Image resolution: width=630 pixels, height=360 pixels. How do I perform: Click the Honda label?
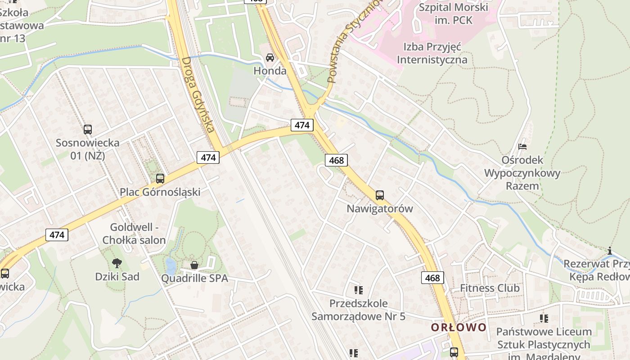point(270,71)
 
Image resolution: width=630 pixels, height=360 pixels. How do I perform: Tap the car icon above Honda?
point(270,58)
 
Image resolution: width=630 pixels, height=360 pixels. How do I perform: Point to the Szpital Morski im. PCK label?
point(453,13)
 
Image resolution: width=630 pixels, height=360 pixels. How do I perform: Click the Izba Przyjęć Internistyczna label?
point(432,53)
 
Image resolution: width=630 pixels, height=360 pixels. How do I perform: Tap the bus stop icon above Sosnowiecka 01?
point(88,130)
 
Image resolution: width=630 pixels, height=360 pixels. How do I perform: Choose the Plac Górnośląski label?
point(160,192)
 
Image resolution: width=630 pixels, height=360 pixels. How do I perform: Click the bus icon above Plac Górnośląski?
point(160,178)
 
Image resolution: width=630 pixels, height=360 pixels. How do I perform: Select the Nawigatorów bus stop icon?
point(380,195)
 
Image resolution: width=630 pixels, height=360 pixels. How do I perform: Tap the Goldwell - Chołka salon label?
point(134,234)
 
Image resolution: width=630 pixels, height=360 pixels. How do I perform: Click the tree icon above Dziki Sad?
point(117,263)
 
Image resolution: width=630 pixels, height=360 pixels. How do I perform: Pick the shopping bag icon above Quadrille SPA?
point(194,265)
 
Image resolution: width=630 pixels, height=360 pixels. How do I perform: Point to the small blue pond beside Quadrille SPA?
point(171,265)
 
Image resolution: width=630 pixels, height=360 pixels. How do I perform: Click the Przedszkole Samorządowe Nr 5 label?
point(358,310)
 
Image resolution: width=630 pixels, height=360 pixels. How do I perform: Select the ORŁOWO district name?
point(459,327)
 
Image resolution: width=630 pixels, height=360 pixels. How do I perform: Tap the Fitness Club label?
point(490,288)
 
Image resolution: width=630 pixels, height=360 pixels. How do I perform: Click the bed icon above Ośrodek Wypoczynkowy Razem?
point(522,147)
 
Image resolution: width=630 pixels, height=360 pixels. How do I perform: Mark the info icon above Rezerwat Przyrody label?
point(610,251)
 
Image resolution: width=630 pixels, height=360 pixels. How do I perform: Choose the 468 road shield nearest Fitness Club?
point(432,278)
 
